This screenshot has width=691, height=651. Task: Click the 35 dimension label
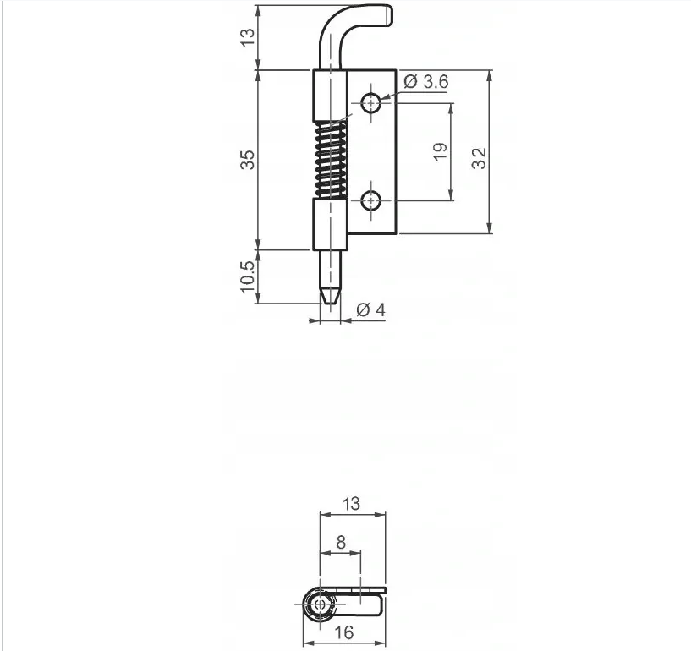point(247,160)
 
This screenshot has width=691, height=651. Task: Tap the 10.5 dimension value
point(247,276)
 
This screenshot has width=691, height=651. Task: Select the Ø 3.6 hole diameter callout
point(426,81)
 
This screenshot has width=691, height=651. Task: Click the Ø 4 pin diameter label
point(370,310)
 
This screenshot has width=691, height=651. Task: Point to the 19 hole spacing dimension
point(440,152)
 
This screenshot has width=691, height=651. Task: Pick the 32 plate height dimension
point(479,158)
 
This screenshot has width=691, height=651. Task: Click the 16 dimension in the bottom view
point(344,632)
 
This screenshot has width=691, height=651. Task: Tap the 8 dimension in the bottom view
point(341,542)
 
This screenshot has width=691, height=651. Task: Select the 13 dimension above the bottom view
point(351,503)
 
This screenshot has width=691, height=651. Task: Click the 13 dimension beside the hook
point(247,36)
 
